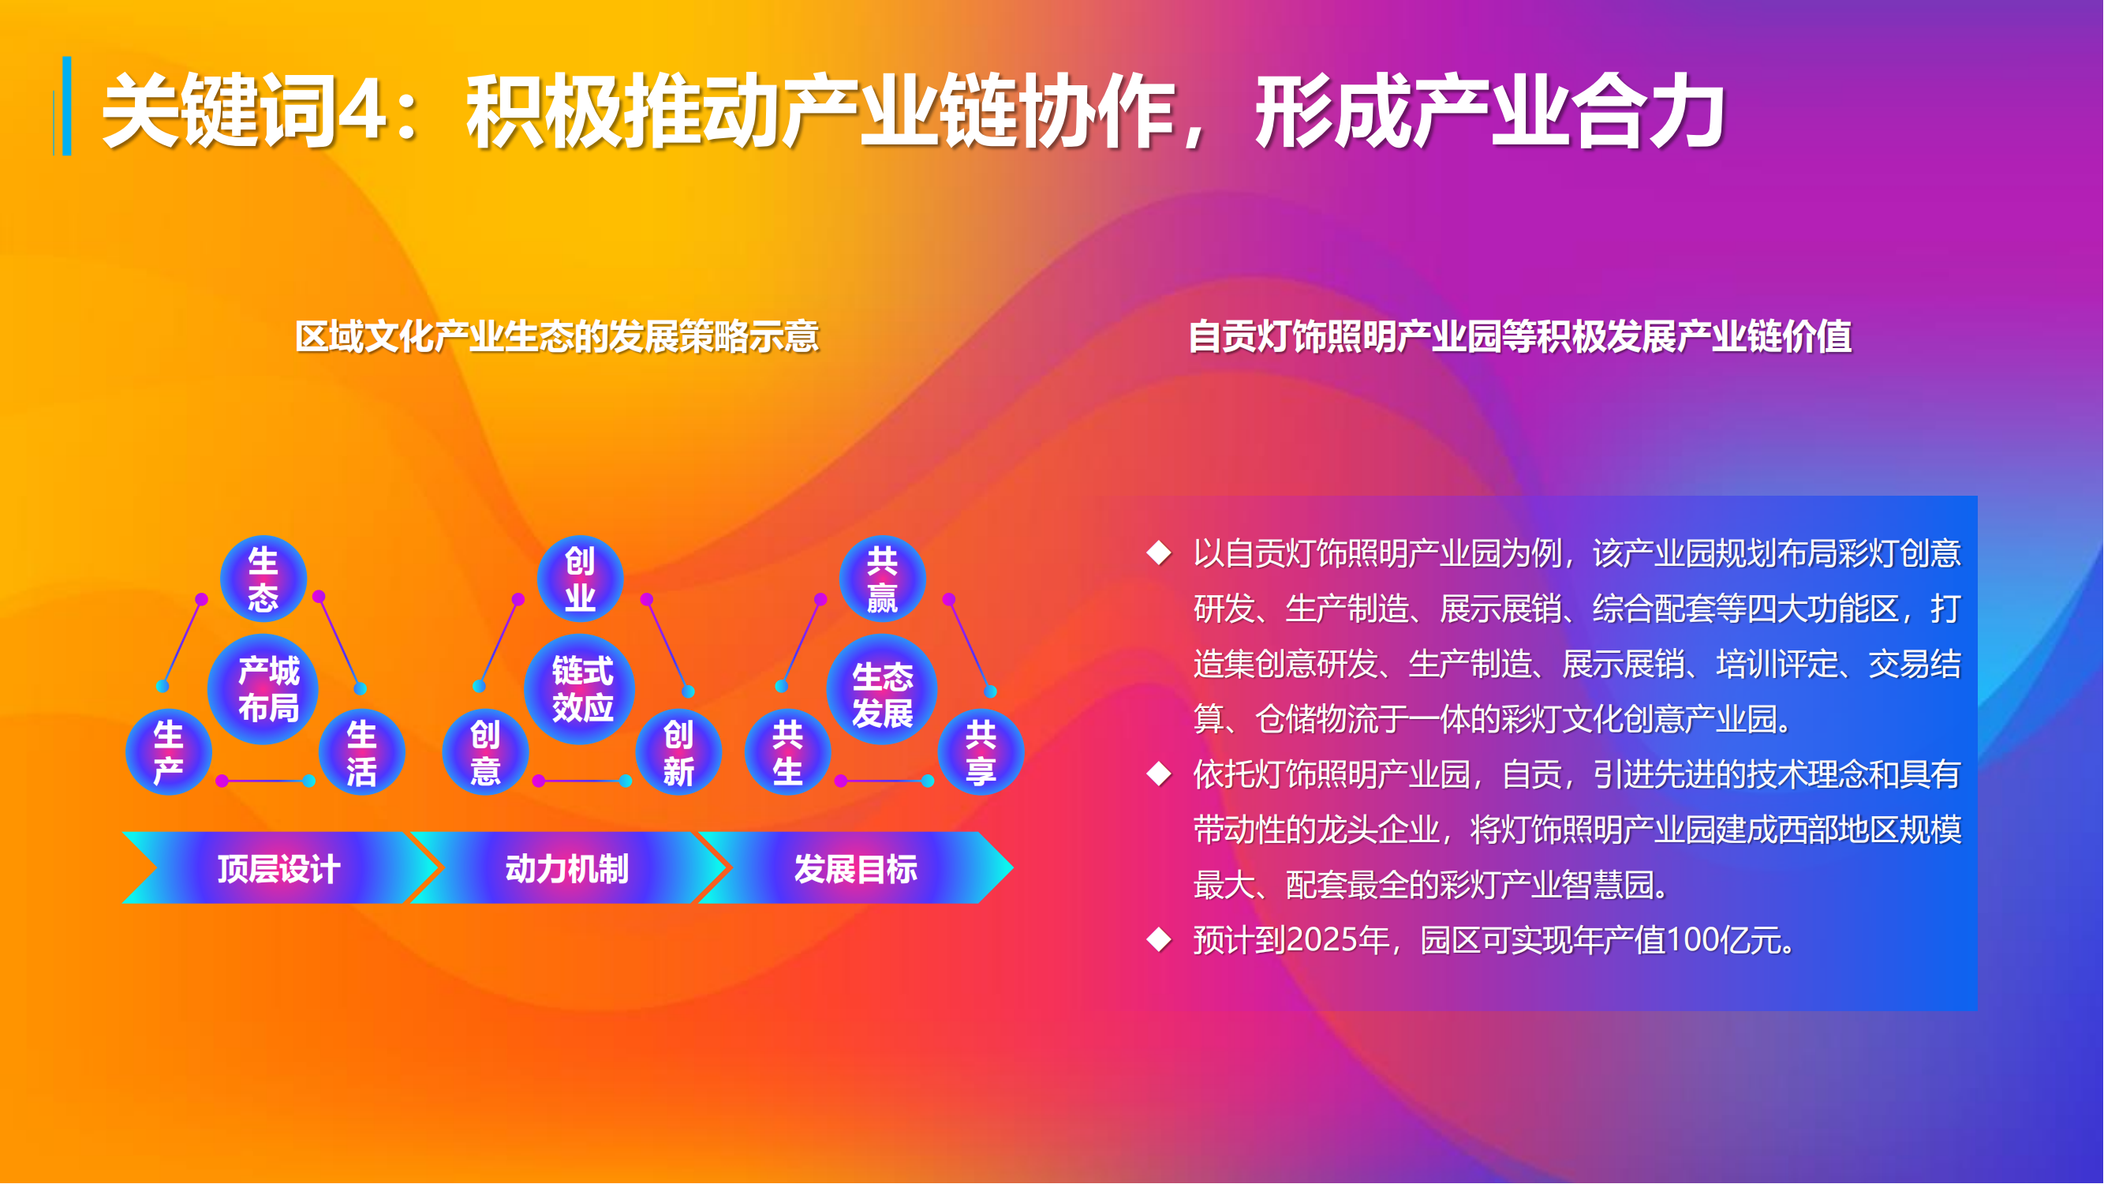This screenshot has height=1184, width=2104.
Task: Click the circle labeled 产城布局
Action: click(x=263, y=689)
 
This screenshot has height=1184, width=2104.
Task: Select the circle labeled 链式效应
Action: click(x=580, y=689)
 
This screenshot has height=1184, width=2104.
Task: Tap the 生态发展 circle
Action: click(x=882, y=689)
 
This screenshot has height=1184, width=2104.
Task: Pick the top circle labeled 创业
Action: click(x=580, y=579)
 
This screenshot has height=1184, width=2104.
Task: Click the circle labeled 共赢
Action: click(x=882, y=579)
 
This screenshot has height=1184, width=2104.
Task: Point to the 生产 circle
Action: click(x=169, y=751)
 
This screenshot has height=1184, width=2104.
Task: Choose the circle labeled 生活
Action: click(x=362, y=751)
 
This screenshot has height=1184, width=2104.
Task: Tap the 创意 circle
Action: click(x=486, y=751)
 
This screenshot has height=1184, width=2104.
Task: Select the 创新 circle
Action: click(x=678, y=751)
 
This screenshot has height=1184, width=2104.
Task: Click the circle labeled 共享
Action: click(x=981, y=751)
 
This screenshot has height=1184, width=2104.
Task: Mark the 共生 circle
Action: click(x=788, y=751)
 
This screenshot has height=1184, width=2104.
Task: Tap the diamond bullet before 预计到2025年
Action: click(x=1159, y=939)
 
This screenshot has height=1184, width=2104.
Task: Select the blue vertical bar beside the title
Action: click(x=66, y=107)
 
